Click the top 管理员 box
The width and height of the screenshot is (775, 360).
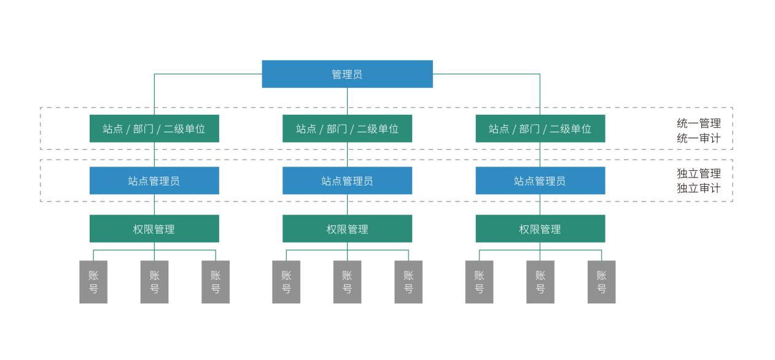point(347,74)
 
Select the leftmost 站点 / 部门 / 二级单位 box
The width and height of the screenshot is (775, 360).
point(154,128)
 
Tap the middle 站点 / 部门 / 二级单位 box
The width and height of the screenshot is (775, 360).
point(347,128)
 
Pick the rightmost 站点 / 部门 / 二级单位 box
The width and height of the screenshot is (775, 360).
point(540,128)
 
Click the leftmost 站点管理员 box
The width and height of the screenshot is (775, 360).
point(154,181)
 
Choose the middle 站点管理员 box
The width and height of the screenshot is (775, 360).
point(347,181)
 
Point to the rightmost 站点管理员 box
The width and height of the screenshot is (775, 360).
point(540,181)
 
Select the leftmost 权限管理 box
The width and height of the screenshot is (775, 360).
point(154,229)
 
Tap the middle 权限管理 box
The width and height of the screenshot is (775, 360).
point(347,229)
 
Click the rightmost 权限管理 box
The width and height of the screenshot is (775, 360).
point(540,229)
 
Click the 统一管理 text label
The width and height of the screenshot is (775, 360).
point(699,123)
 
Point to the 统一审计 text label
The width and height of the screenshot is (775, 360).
point(699,138)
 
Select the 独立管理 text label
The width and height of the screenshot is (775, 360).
point(699,173)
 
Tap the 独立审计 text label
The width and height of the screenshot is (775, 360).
point(699,188)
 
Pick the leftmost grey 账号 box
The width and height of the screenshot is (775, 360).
point(93,282)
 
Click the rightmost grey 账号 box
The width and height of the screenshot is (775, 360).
point(601,282)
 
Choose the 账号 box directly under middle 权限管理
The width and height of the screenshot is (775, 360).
point(347,282)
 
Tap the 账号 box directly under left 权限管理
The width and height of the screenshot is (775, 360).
point(154,282)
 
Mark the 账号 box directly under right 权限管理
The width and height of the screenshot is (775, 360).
point(540,282)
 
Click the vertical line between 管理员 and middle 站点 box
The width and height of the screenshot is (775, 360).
point(347,101)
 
